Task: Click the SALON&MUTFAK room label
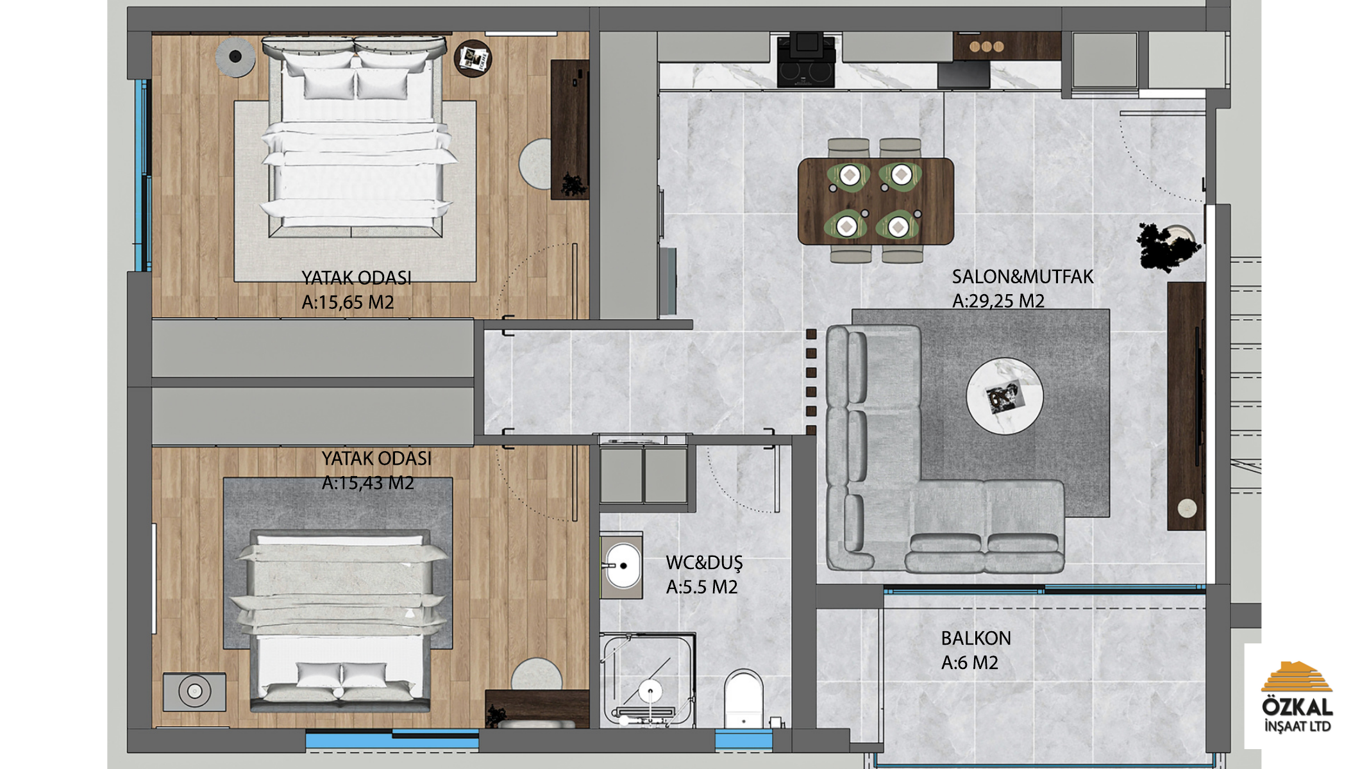tap(1022, 277)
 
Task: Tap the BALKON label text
tap(976, 638)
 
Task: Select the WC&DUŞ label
tap(704, 563)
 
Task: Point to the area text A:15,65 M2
tap(348, 302)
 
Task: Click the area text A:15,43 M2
tap(367, 483)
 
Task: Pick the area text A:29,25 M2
tap(998, 301)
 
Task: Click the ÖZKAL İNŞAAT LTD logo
tap(1297, 697)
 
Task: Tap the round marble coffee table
tap(1005, 396)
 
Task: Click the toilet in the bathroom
tap(744, 698)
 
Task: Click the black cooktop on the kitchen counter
tap(806, 72)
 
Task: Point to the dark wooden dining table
tap(876, 201)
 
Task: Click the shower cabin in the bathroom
tap(648, 681)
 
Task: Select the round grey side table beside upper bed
tap(235, 57)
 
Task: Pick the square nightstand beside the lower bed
tap(194, 691)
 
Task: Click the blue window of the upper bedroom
tap(143, 175)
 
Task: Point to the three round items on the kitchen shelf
tap(986, 46)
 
